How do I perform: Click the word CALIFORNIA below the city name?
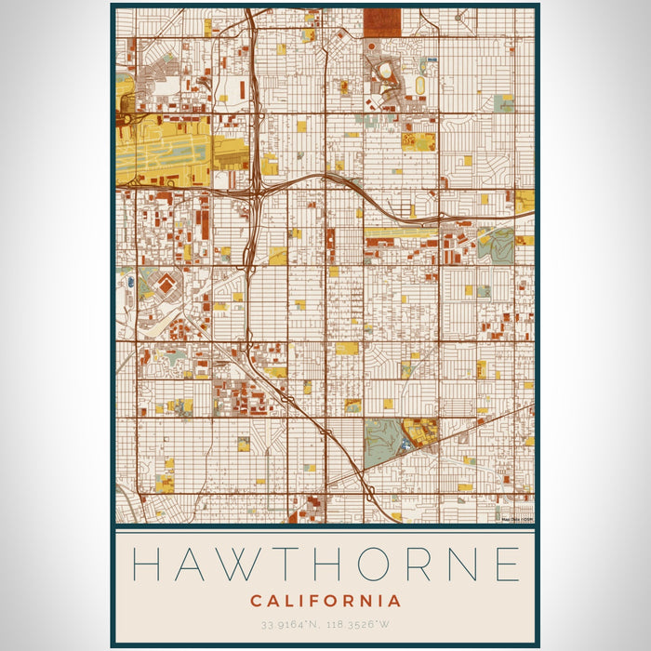tap(325, 601)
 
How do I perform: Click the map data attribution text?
tap(517, 519)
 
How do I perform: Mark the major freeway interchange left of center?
tap(255, 190)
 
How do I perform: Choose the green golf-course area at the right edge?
tap(497, 244)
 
